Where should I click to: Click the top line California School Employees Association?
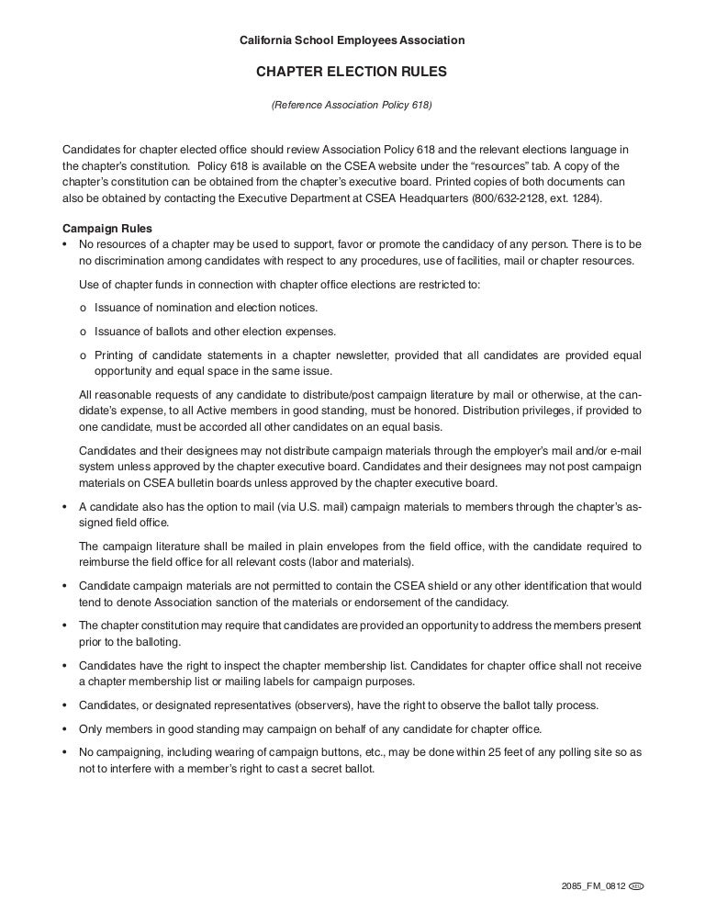(x=352, y=40)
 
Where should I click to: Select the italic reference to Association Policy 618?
(x=352, y=106)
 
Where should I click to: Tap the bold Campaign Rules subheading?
(x=106, y=228)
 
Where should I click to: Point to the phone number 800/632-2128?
(x=508, y=199)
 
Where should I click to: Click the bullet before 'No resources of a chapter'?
(x=64, y=244)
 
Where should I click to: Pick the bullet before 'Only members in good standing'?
(x=64, y=729)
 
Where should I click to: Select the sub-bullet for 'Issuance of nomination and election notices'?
(x=84, y=308)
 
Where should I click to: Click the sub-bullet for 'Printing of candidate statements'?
(x=84, y=355)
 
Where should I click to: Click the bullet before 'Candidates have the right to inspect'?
(x=64, y=665)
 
